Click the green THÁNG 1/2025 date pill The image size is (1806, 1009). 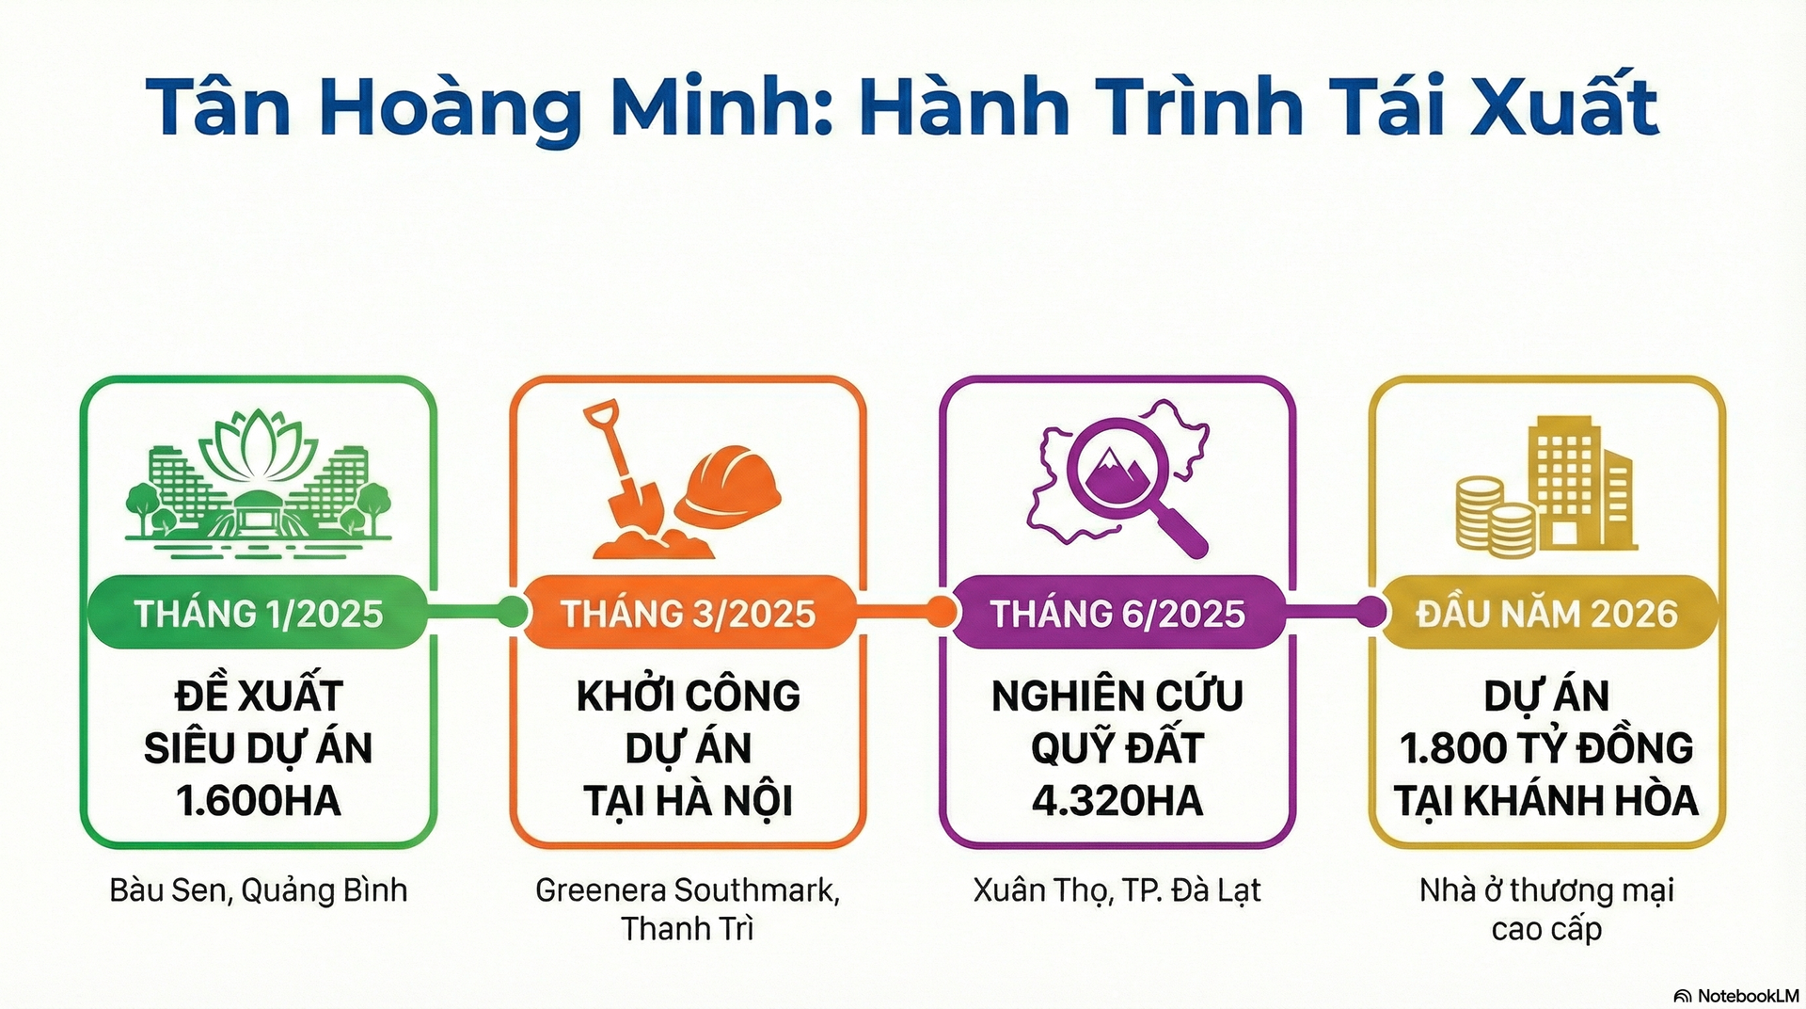(x=259, y=613)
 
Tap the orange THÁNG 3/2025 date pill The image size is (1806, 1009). (x=689, y=613)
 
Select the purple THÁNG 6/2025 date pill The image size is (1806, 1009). (x=1117, y=613)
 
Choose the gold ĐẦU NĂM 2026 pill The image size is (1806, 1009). (x=1547, y=613)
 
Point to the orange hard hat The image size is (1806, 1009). (x=727, y=487)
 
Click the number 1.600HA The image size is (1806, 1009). (x=259, y=801)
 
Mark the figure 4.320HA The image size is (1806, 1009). (x=1117, y=801)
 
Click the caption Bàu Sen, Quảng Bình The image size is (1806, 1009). (x=259, y=890)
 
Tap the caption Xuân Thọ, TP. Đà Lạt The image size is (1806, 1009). (x=1117, y=890)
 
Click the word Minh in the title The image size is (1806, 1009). (x=720, y=107)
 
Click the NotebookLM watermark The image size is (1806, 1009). (x=1736, y=996)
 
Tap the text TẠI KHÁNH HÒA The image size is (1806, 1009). (x=1547, y=801)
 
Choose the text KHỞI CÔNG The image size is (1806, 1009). (x=689, y=696)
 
